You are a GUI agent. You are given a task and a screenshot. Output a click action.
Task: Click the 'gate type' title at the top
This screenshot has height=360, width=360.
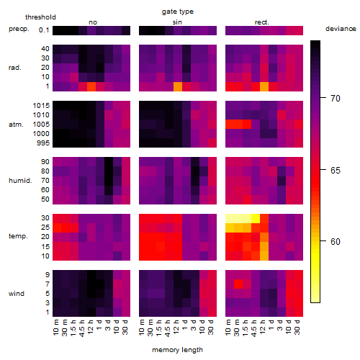pyautogui.click(x=178, y=12)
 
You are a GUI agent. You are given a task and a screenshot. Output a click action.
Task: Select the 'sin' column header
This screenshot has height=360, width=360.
pyautogui.click(x=177, y=22)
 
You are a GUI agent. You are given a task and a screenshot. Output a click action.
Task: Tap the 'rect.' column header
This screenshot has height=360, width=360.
pyautogui.click(x=262, y=22)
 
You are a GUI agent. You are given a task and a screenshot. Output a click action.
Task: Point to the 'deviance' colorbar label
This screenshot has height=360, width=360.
pyautogui.click(x=341, y=29)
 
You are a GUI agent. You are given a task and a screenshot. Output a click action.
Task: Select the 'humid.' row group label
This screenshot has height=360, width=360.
pyautogui.click(x=20, y=181)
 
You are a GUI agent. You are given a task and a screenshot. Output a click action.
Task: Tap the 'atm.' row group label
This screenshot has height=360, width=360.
pyautogui.click(x=16, y=125)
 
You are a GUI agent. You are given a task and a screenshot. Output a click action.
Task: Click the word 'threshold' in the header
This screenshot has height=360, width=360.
pyautogui.click(x=40, y=17)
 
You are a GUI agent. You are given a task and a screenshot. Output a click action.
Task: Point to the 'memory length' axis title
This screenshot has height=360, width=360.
pyautogui.click(x=178, y=350)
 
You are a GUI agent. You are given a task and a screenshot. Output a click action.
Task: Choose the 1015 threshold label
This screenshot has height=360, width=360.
pyautogui.click(x=41, y=106)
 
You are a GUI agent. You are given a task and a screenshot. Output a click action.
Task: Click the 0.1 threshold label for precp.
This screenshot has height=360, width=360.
pyautogui.click(x=44, y=30)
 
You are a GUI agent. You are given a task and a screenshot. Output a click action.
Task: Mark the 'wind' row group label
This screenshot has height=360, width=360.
pyautogui.click(x=17, y=294)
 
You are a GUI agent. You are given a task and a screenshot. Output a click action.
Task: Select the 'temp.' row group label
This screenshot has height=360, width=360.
pyautogui.click(x=18, y=236)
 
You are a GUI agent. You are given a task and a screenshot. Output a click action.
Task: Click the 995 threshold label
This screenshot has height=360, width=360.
pyautogui.click(x=43, y=143)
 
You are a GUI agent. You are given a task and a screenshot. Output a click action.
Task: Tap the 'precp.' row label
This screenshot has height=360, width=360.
pyautogui.click(x=19, y=30)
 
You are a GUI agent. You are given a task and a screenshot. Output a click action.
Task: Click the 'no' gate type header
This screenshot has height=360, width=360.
pyautogui.click(x=93, y=22)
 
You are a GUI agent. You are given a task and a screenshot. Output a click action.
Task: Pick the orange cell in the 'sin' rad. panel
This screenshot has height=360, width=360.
pyautogui.click(x=178, y=86)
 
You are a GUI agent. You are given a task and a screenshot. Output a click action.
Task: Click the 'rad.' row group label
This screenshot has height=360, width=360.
pyautogui.click(x=15, y=68)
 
